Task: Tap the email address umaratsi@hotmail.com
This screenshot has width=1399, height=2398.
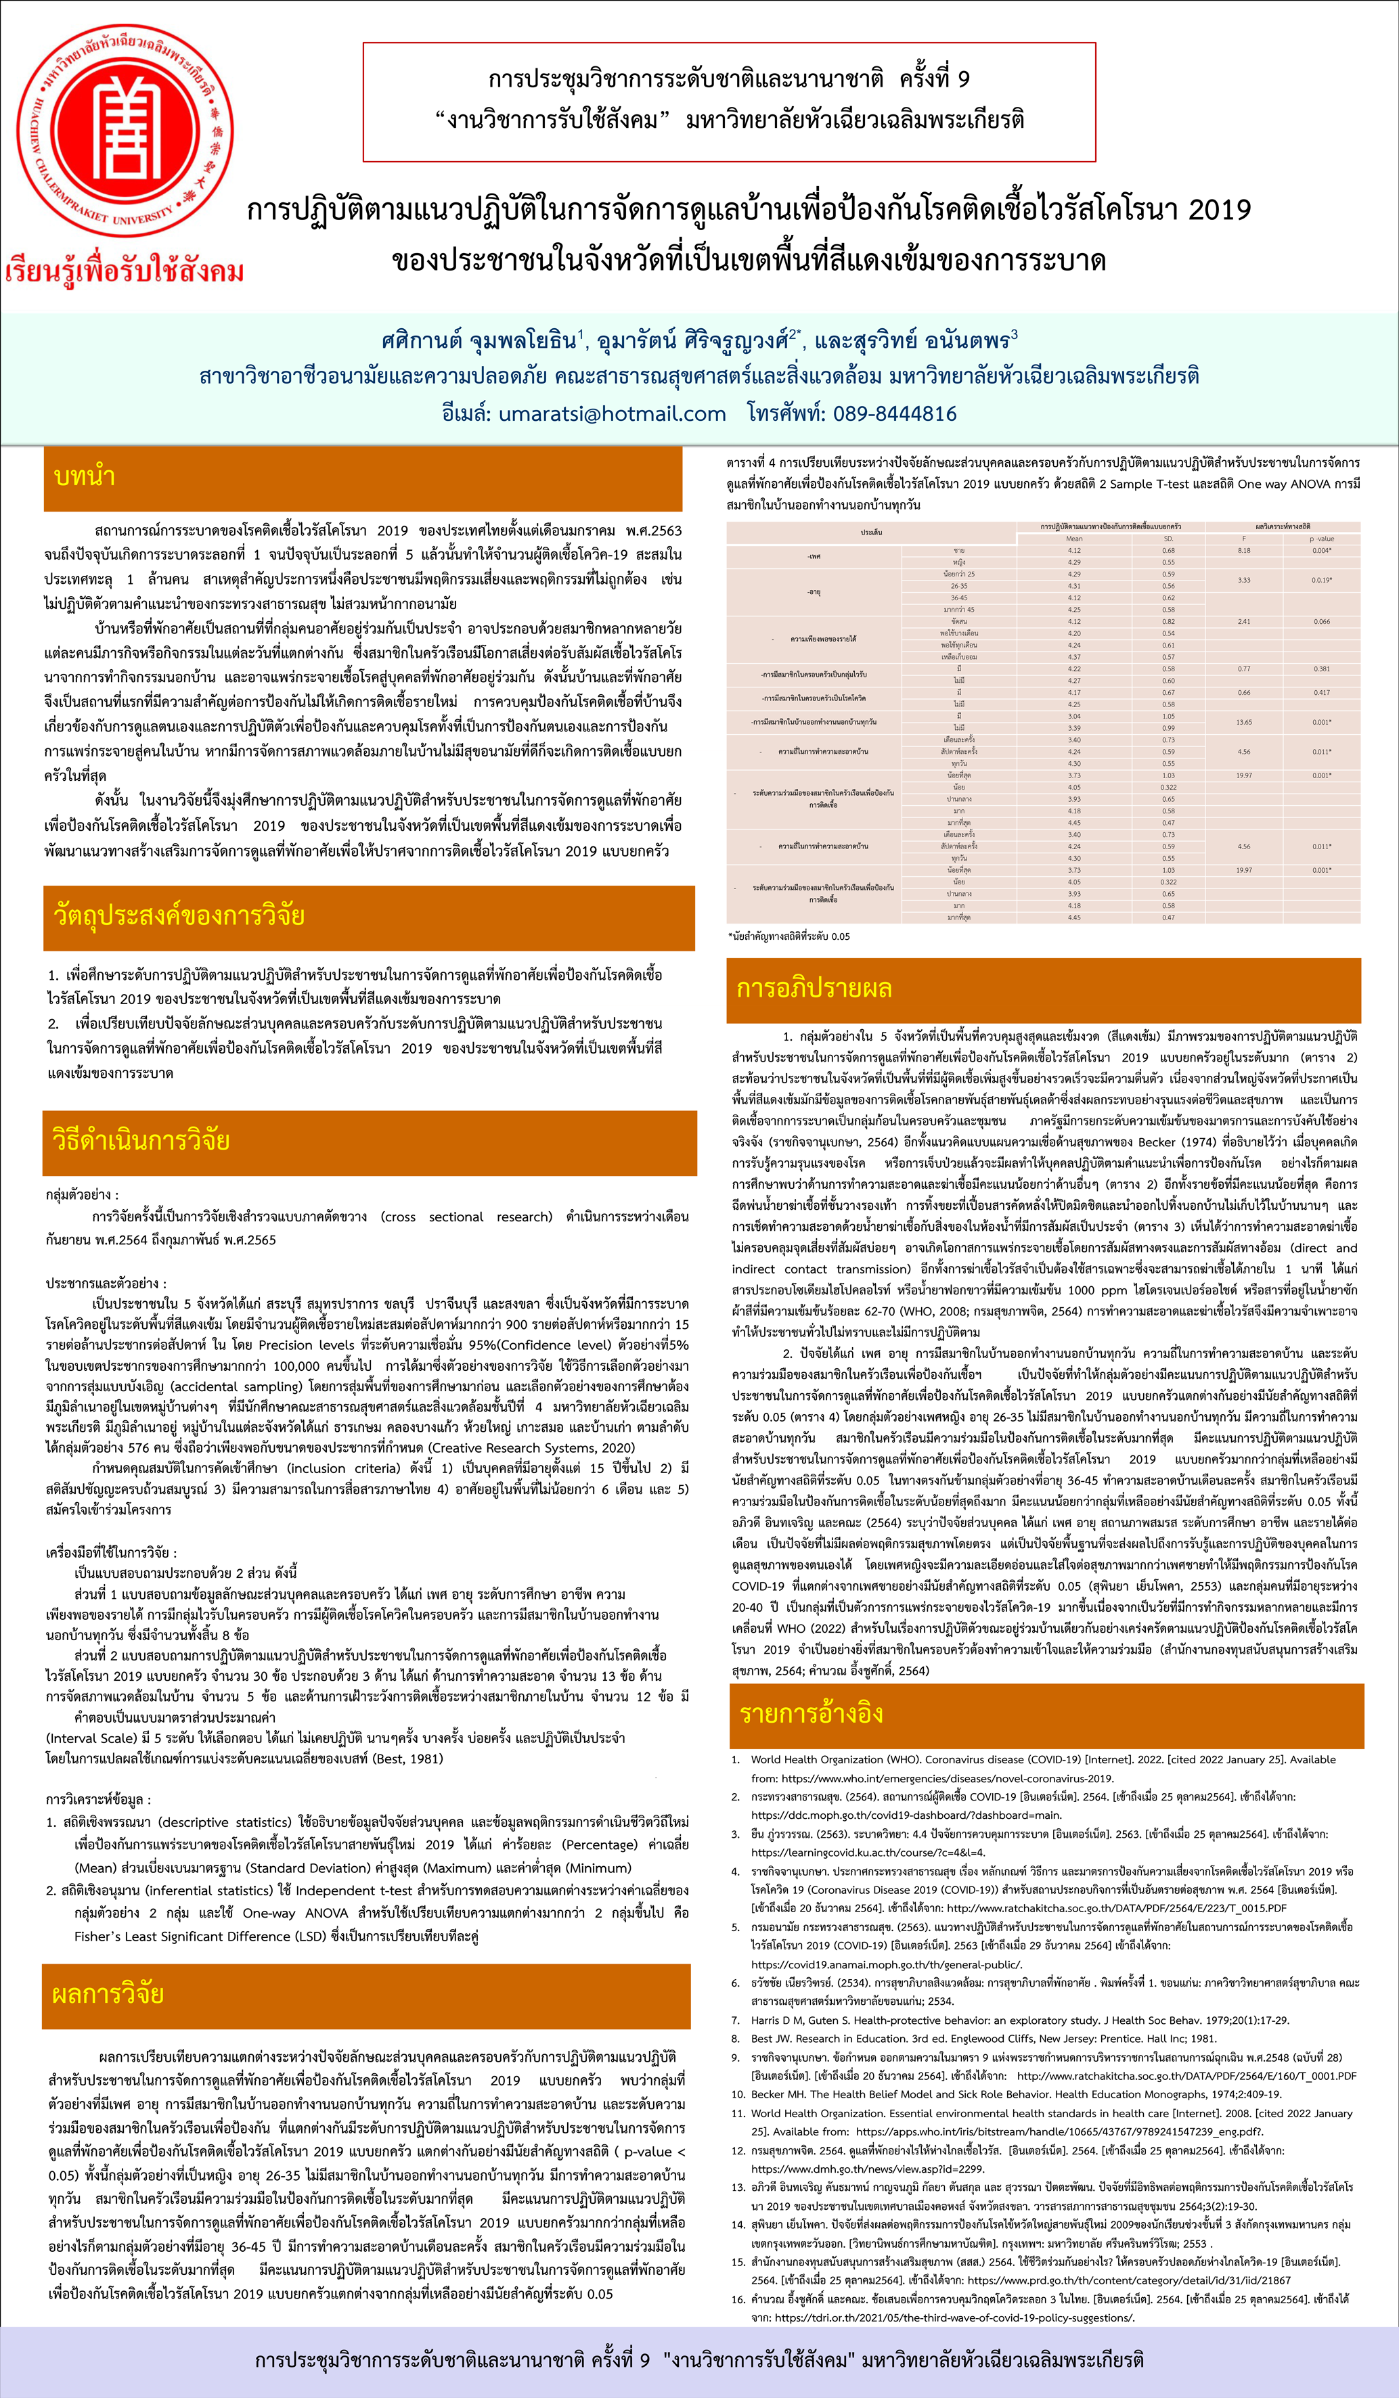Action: [x=612, y=414]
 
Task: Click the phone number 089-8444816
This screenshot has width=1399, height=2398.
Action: [x=895, y=414]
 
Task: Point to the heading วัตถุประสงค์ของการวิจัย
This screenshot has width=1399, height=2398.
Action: [x=179, y=915]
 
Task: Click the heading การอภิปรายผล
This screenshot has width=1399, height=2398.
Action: [x=814, y=988]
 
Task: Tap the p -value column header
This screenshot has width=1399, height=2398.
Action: [x=1321, y=539]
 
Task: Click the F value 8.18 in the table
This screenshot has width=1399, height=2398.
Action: [x=1244, y=550]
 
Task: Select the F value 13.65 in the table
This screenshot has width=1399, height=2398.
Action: [x=1244, y=722]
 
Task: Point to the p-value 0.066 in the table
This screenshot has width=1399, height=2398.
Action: [x=1321, y=621]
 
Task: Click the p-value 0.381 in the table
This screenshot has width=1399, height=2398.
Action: [x=1321, y=669]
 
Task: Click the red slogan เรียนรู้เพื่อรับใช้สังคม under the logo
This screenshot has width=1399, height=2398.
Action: [x=124, y=272]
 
